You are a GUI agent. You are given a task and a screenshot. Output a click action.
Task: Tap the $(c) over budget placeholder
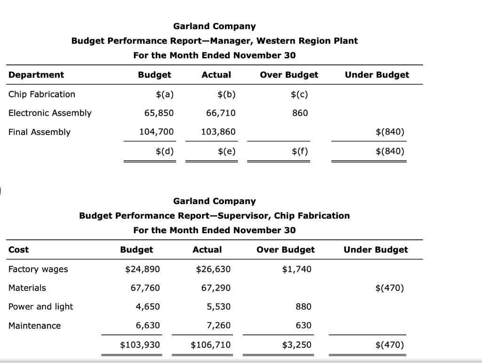299,94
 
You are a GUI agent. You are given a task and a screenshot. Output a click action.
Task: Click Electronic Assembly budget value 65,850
159,113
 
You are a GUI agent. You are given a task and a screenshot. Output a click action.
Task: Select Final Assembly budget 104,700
157,132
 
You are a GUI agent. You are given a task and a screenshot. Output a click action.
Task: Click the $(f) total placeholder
299,151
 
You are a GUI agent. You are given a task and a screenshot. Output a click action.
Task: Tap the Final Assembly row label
40,132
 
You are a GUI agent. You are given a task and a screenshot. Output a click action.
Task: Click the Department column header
36,75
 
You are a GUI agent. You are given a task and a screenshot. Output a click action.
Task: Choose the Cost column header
19,250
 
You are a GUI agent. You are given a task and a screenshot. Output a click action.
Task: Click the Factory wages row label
38,269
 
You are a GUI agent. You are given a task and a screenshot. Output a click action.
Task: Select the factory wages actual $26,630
213,269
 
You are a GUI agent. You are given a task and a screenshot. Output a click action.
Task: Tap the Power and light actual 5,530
219,307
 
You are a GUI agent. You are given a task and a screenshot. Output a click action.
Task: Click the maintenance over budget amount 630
304,325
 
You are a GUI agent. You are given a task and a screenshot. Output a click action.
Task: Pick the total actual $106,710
211,345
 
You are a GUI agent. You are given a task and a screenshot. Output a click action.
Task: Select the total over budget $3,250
297,345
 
